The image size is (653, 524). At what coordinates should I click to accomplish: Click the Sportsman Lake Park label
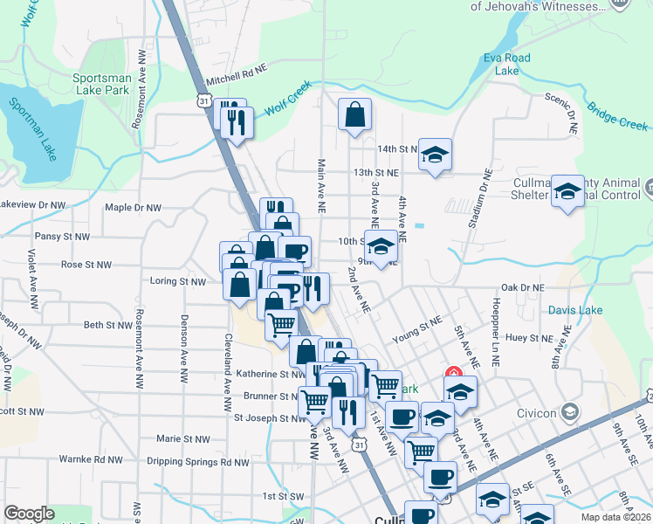[x=102, y=84]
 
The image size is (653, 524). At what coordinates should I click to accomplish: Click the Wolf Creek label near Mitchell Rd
[x=287, y=108]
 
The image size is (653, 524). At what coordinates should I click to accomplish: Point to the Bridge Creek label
[x=617, y=116]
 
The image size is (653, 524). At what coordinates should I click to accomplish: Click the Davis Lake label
[x=575, y=310]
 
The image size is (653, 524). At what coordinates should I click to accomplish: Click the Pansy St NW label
[x=62, y=237]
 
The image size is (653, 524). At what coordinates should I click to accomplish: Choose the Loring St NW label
[x=177, y=282]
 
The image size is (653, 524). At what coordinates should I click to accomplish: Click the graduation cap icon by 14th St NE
[x=435, y=155]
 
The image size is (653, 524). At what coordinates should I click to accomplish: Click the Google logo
[x=29, y=514]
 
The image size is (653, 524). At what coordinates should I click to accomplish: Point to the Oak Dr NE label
[x=522, y=287]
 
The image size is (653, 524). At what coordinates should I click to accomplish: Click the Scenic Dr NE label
[x=560, y=110]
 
